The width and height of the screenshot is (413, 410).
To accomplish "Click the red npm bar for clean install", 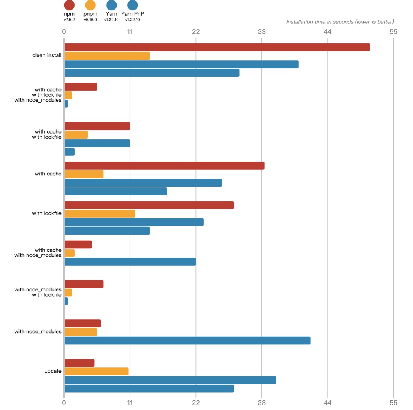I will click(x=217, y=47).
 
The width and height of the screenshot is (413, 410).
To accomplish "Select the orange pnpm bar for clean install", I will click(x=107, y=56).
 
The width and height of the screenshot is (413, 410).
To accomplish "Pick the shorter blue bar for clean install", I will click(x=152, y=73).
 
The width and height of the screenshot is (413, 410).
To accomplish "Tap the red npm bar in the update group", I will click(x=79, y=363).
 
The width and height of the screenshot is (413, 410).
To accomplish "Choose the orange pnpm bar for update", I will click(x=96, y=371).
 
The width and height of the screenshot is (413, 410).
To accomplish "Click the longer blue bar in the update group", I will click(x=170, y=380).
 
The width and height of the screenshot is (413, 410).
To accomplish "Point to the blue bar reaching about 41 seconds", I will click(x=187, y=341).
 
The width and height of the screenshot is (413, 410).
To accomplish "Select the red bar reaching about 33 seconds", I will click(x=164, y=166).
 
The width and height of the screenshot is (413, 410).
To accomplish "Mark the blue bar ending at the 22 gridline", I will click(x=130, y=261).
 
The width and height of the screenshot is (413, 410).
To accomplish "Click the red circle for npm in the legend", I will click(x=69, y=5).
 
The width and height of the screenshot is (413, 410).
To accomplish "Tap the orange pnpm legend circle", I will click(x=90, y=5).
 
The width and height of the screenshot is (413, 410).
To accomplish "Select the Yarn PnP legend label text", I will click(x=132, y=14).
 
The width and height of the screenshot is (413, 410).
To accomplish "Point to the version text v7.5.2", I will click(x=69, y=20).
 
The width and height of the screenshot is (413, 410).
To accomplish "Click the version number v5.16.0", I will click(x=90, y=20).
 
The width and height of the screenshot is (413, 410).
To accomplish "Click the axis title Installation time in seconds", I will click(x=340, y=22).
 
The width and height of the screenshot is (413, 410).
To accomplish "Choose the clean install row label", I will click(x=47, y=55).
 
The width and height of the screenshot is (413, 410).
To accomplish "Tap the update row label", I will click(x=53, y=371).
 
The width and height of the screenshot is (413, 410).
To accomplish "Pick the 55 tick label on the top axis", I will click(x=393, y=31).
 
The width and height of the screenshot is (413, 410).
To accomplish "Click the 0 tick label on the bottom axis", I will click(x=64, y=403).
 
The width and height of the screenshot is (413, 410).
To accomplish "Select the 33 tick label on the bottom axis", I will click(x=261, y=403).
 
